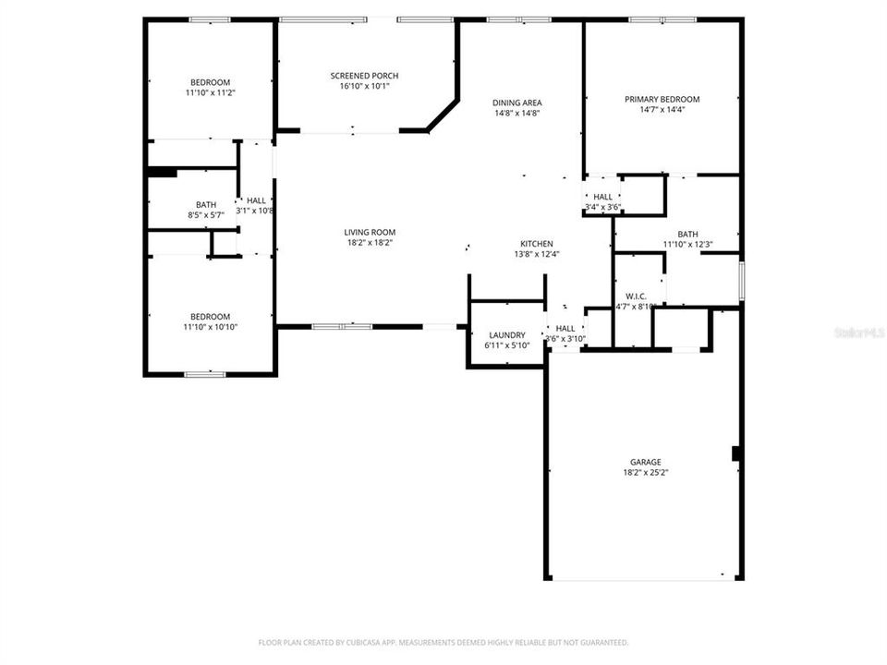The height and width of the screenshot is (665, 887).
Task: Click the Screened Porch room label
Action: point(365,76)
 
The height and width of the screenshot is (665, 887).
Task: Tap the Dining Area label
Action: point(516,103)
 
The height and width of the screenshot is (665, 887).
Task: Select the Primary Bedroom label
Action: point(662,100)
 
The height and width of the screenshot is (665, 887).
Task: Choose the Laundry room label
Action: point(505,335)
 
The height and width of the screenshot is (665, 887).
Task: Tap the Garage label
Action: point(646,462)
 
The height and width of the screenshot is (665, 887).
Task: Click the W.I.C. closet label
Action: point(636,296)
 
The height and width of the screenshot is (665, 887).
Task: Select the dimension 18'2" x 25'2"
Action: point(646,473)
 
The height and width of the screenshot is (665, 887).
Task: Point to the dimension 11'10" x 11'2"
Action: point(211,92)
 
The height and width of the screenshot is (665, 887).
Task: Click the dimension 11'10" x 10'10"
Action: point(211,327)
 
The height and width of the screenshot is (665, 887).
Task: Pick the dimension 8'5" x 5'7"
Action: point(205,214)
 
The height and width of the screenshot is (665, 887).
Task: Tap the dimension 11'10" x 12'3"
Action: point(687,245)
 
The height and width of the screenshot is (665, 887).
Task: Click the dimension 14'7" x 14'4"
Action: point(662,110)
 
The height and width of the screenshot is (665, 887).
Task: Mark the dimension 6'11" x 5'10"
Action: point(505,345)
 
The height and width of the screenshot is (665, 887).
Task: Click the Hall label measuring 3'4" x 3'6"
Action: point(602,197)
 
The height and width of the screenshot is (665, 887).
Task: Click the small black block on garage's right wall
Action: point(736,453)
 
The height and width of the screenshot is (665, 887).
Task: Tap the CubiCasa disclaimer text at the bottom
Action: point(443,642)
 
